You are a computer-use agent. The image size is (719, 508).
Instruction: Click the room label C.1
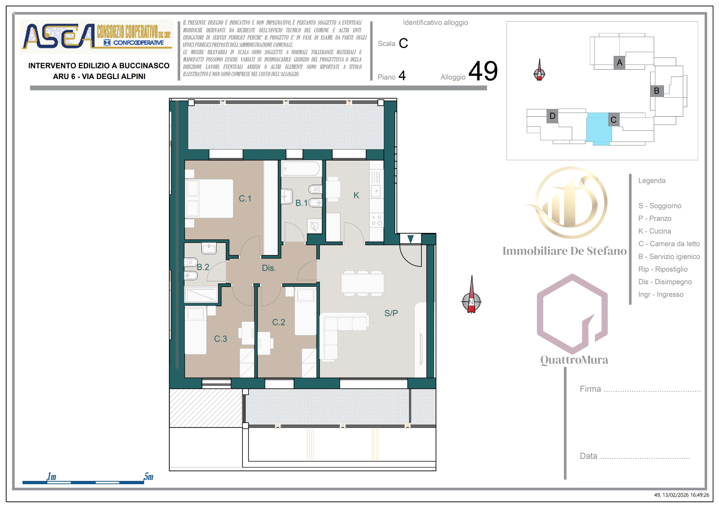pyautogui.click(x=245, y=198)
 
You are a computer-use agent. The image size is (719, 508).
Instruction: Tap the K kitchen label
pyautogui.click(x=356, y=195)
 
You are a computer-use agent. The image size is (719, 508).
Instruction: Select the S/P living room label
pyautogui.click(x=391, y=313)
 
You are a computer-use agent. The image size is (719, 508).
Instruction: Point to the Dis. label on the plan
pyautogui.click(x=269, y=268)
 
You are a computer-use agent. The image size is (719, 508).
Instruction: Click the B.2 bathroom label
pyautogui.click(x=203, y=267)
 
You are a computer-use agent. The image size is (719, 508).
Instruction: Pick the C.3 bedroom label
pyautogui.click(x=220, y=338)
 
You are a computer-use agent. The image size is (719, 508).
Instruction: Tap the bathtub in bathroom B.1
pyautogui.click(x=301, y=168)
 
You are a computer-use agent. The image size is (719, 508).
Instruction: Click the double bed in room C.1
pyautogui.click(x=209, y=199)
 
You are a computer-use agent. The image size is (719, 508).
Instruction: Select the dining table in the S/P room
pyautogui.click(x=363, y=283)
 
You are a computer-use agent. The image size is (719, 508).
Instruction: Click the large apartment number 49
pyautogui.click(x=483, y=71)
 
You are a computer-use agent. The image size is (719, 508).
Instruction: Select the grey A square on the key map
pyautogui.click(x=619, y=63)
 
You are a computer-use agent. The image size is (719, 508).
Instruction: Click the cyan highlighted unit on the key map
pyautogui.click(x=599, y=128)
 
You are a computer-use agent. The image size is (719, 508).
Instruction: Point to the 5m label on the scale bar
pyautogui.click(x=148, y=476)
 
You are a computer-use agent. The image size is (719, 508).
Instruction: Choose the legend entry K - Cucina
pyautogui.click(x=655, y=231)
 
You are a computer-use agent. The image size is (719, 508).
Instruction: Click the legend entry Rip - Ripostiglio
pyautogui.click(x=663, y=269)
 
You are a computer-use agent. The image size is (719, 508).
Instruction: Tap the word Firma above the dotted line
pyautogui.click(x=590, y=389)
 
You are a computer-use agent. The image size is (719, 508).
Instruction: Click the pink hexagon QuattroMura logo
pyautogui.click(x=572, y=313)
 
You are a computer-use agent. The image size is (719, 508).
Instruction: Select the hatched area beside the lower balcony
pyautogui.click(x=206, y=408)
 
